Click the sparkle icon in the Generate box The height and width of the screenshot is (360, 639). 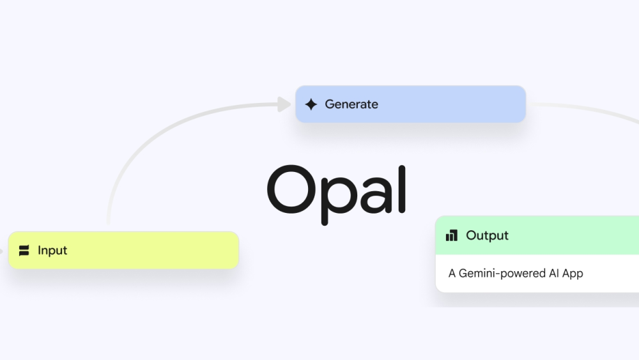click(311, 104)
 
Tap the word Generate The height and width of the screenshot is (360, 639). click(351, 104)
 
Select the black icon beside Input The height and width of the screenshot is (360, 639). click(24, 250)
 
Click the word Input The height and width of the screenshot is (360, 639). click(52, 250)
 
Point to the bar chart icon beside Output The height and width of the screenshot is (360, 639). click(452, 235)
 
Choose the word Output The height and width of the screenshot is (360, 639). click(487, 236)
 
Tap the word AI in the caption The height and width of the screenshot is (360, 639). click(553, 273)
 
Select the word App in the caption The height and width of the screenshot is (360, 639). click(573, 274)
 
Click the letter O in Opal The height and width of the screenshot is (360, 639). click(291, 189)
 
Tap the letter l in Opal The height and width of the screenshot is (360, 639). click(402, 189)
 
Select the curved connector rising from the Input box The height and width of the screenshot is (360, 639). click(163, 130)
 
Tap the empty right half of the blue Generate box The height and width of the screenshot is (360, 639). click(468, 104)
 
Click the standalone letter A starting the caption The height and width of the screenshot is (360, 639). click(452, 273)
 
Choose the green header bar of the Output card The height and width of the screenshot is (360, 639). click(537, 235)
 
